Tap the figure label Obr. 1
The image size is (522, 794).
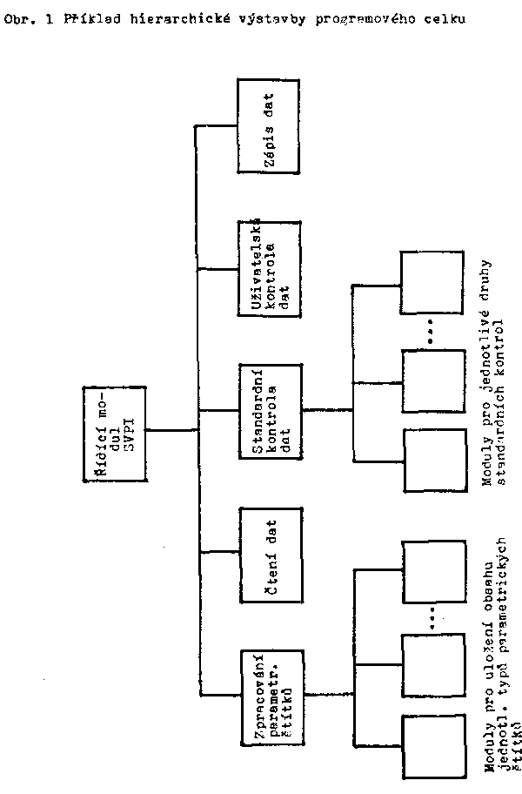point(23,18)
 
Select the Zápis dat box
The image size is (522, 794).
point(269,125)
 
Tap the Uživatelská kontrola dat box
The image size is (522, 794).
point(269,269)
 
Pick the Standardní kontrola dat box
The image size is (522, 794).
point(269,410)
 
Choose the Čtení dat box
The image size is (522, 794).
point(269,553)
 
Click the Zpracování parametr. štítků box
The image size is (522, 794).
point(269,695)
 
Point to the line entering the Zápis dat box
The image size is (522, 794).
point(217,126)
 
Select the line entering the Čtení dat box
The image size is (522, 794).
point(219,553)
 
